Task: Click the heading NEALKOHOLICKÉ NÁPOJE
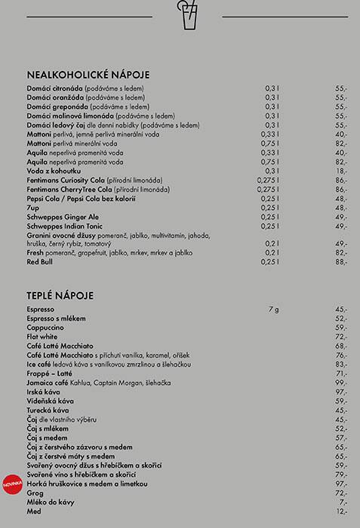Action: coord(88,75)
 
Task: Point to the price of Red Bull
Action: coord(341,262)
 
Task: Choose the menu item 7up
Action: coord(34,207)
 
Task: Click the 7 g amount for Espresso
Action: coord(273,309)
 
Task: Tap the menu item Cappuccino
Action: coord(45,327)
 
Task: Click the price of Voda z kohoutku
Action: coord(341,171)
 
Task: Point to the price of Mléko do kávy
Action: coord(343,502)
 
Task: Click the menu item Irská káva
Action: coord(44,392)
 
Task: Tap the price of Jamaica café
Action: coord(341,383)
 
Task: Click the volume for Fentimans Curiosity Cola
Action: coord(268,180)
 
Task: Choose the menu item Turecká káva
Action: coord(48,410)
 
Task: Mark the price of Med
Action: coord(341,511)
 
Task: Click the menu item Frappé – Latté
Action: coord(50,373)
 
